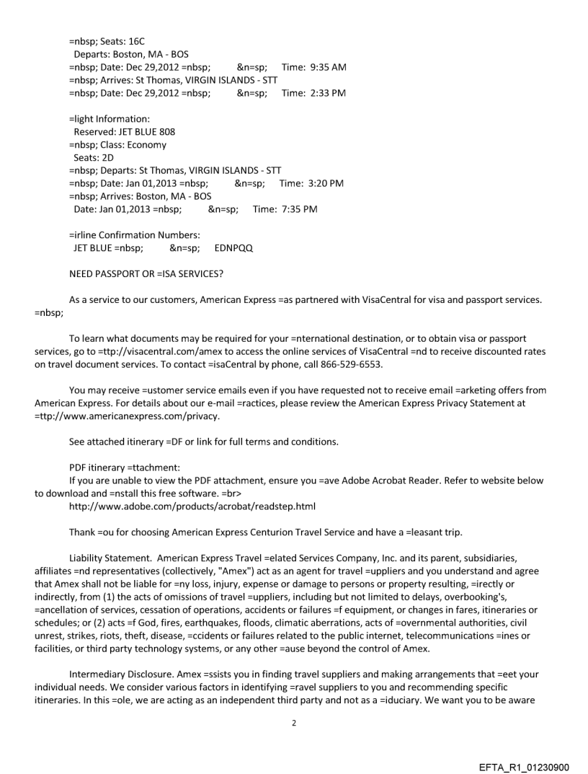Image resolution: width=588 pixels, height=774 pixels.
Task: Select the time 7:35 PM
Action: click(295, 209)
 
